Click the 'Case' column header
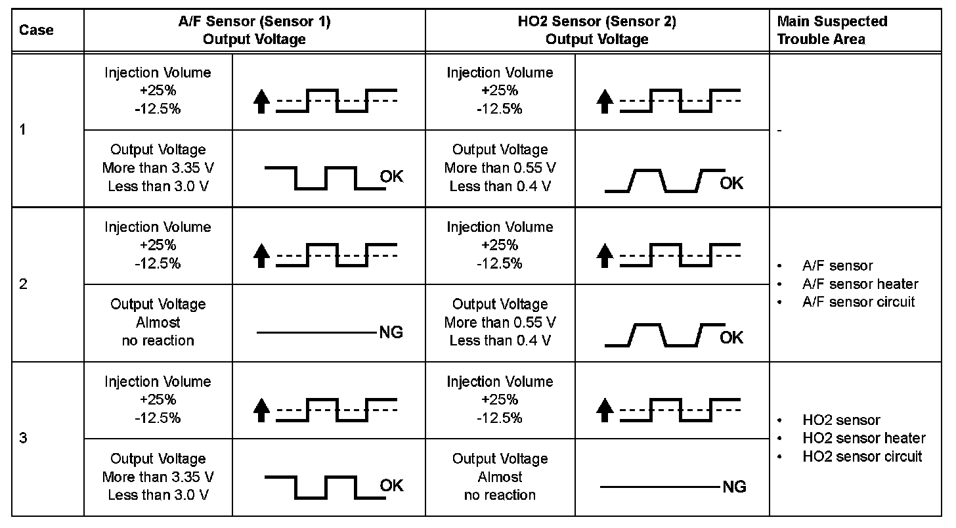[x=36, y=30]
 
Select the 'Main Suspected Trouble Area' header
[x=831, y=30]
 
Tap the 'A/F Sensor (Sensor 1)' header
[x=254, y=30]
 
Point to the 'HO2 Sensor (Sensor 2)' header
[x=597, y=30]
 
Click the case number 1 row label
[x=23, y=130]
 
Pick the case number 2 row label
[x=23, y=285]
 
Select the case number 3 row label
[x=23, y=439]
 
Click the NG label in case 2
[x=391, y=333]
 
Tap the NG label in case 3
[x=734, y=487]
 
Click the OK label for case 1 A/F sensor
[x=391, y=177]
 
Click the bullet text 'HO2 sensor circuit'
[x=862, y=456]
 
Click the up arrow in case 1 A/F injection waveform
[x=261, y=102]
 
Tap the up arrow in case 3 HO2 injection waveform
[x=604, y=411]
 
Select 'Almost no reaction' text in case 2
[x=158, y=332]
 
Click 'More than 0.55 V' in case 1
[x=500, y=168]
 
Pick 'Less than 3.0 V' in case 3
[x=158, y=495]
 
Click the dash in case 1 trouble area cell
[x=779, y=131]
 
